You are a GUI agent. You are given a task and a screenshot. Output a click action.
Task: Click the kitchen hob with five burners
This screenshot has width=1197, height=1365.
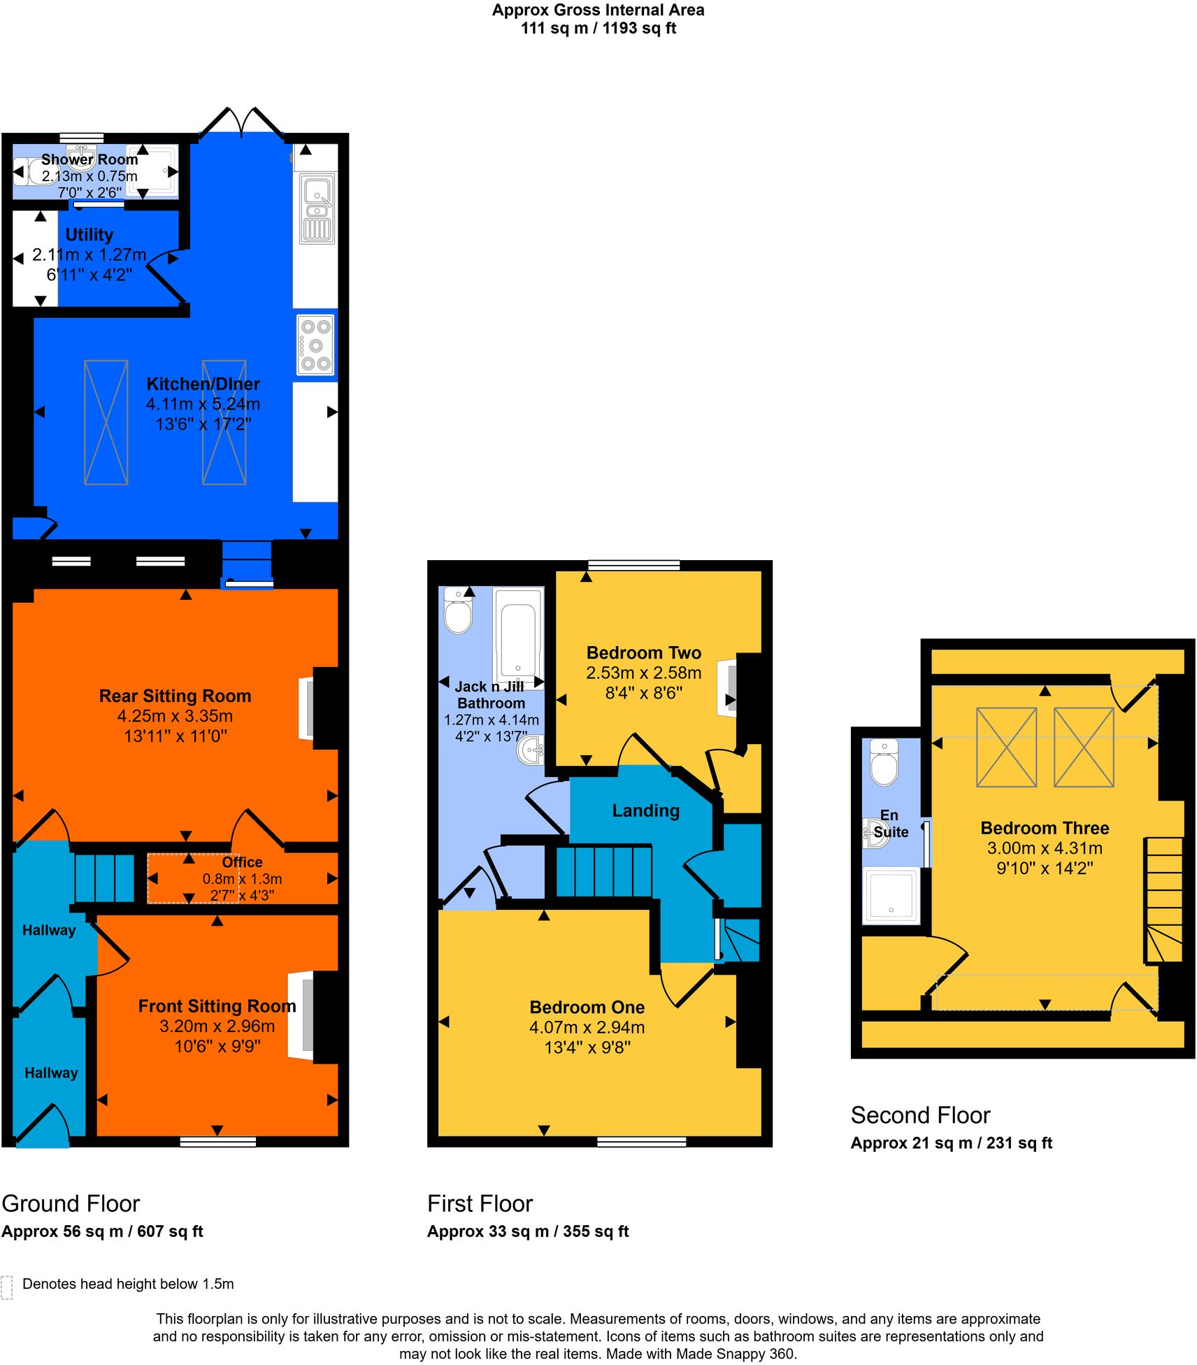315,345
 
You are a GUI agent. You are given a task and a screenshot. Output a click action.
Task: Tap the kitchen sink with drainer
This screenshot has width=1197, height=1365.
317,208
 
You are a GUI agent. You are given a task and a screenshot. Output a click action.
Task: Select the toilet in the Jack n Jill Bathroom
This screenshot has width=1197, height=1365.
459,611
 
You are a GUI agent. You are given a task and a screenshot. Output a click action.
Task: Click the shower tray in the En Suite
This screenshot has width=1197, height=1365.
891,895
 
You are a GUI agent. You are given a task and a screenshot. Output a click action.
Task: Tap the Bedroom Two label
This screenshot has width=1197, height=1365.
643,652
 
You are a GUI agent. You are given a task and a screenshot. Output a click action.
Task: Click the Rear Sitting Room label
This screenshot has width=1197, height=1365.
175,696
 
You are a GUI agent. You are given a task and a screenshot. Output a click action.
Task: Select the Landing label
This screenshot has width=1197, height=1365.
645,810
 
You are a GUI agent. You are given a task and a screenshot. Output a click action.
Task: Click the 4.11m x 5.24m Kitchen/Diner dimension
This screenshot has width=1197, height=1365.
203,404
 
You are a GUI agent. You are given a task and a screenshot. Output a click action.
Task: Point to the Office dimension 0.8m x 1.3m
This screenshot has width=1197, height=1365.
242,879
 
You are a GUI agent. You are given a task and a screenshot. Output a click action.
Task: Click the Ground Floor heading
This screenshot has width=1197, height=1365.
71,1203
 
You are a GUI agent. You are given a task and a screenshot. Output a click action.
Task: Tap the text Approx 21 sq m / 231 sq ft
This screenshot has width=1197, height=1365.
951,1143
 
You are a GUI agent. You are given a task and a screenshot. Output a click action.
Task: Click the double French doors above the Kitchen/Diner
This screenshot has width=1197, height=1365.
242,123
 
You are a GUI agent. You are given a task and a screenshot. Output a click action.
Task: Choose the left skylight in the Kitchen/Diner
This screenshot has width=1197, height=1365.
106,422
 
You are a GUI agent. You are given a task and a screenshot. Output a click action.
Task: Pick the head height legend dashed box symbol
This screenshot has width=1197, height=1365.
7,1287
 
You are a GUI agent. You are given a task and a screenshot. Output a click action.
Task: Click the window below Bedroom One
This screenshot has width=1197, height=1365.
641,1142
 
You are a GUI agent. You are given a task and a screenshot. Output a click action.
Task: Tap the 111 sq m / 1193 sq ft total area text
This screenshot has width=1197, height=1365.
598,29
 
